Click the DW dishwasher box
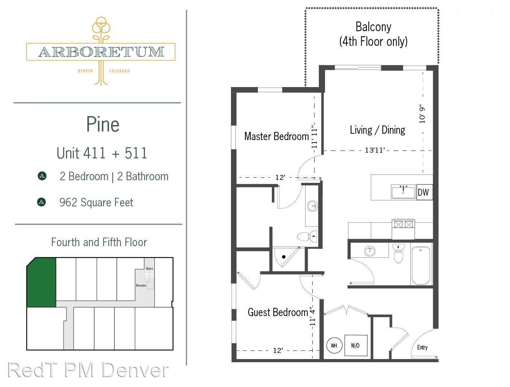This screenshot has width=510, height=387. [424, 192]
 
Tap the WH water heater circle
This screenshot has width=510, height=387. [334, 345]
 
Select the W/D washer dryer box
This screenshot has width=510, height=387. [355, 345]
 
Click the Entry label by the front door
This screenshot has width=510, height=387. [422, 347]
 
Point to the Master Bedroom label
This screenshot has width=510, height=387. [277, 136]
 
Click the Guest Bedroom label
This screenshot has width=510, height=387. [278, 312]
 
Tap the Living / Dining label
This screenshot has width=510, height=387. [378, 130]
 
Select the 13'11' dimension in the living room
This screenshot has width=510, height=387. [375, 150]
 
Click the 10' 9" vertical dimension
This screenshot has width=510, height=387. [422, 115]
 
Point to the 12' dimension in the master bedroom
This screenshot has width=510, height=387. [280, 178]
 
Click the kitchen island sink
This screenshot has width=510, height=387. [403, 192]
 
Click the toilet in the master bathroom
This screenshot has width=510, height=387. [307, 236]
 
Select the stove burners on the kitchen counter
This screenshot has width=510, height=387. [403, 224]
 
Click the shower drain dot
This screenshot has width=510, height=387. [284, 257]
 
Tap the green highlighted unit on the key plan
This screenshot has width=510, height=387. [41, 282]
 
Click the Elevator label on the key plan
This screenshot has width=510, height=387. [141, 285]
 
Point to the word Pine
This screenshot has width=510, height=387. [103, 124]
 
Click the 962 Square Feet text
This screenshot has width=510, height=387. [96, 202]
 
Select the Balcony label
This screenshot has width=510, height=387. [373, 27]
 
